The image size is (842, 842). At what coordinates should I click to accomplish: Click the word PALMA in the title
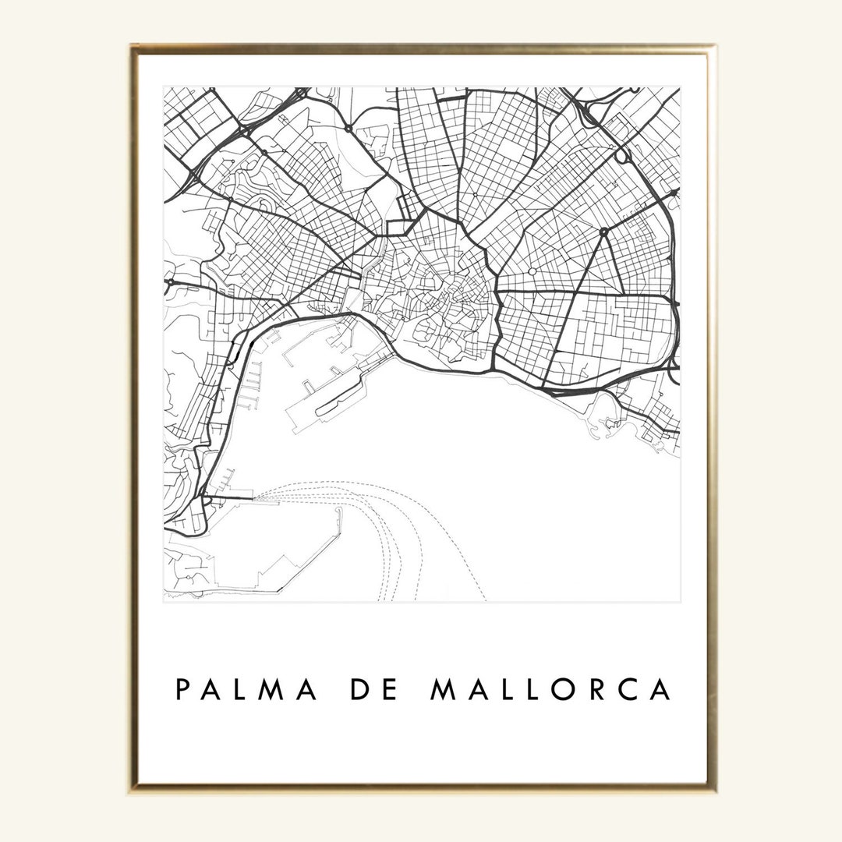(x=246, y=689)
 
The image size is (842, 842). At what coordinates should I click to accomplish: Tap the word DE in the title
(x=373, y=689)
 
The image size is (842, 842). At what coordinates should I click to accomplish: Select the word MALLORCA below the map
(x=550, y=689)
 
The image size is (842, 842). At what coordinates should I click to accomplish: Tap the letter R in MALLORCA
(x=604, y=689)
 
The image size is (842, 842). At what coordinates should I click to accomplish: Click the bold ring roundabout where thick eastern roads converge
(x=603, y=232)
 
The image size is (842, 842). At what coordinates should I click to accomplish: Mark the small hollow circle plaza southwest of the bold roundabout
(x=532, y=271)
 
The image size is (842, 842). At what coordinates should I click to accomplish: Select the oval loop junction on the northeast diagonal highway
(x=622, y=155)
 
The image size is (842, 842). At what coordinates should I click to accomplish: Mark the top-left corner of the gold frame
(x=133, y=47)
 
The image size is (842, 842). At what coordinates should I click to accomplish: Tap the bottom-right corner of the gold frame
(x=713, y=788)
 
